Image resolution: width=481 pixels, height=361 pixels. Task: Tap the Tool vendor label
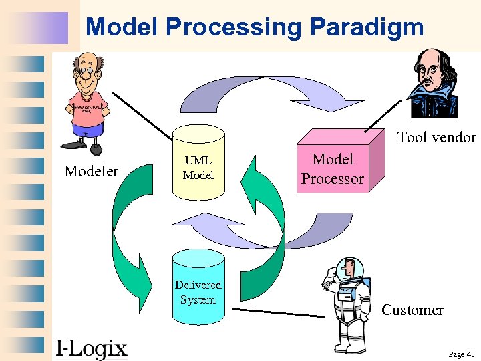point(436,138)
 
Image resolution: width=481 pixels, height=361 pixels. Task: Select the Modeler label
point(91,172)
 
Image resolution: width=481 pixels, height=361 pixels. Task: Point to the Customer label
point(412,310)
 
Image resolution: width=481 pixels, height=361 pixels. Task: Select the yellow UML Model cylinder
point(198,167)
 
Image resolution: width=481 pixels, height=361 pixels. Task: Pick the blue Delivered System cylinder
point(198,284)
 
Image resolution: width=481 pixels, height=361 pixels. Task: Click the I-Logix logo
point(91,348)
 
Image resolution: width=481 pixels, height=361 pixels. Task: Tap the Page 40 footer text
point(461,354)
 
